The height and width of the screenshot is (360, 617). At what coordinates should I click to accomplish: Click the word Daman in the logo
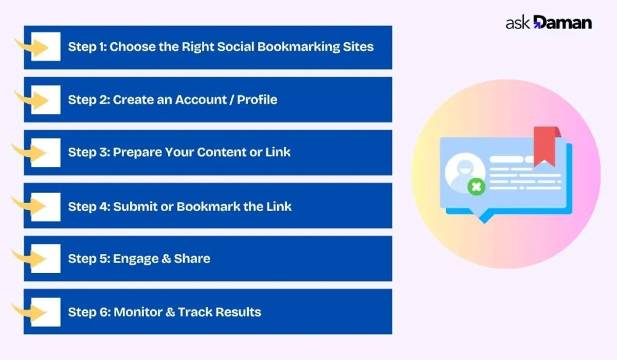(563, 23)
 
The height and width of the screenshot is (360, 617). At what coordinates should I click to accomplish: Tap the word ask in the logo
(518, 24)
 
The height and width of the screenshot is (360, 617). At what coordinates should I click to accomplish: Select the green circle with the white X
(476, 186)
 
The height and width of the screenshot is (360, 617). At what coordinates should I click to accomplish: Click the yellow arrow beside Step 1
(31, 46)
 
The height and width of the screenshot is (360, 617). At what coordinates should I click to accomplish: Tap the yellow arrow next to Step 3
(29, 152)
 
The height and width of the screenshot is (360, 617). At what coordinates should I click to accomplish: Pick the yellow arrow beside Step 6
(29, 312)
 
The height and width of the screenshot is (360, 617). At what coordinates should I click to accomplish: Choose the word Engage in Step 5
(136, 259)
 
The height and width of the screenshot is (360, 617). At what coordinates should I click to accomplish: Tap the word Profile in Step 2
(257, 99)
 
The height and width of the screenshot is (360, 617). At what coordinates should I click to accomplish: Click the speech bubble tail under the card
(482, 218)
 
